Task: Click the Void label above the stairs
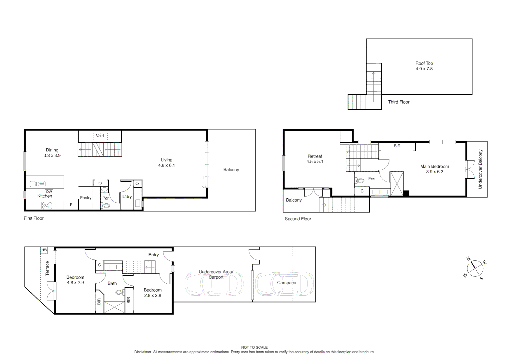click(x=100, y=136)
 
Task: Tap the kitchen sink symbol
click(x=37, y=184)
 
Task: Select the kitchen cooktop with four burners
click(x=47, y=205)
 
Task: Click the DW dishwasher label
click(x=49, y=192)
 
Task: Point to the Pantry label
click(x=86, y=198)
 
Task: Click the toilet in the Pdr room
click(x=106, y=205)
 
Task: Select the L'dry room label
click(x=127, y=197)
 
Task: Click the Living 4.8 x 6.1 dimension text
click(x=167, y=165)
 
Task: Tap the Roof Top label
click(x=424, y=63)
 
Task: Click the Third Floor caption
click(x=399, y=102)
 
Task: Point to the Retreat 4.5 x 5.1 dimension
click(x=315, y=162)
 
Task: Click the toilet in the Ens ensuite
click(x=360, y=181)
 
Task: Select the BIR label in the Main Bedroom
click(x=397, y=146)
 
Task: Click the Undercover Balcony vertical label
click(x=480, y=169)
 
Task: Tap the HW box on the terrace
click(x=44, y=250)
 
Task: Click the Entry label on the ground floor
click(x=154, y=255)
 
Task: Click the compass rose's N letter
click(x=468, y=259)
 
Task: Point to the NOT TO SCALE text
click(x=254, y=347)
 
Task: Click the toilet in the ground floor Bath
click(x=119, y=292)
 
